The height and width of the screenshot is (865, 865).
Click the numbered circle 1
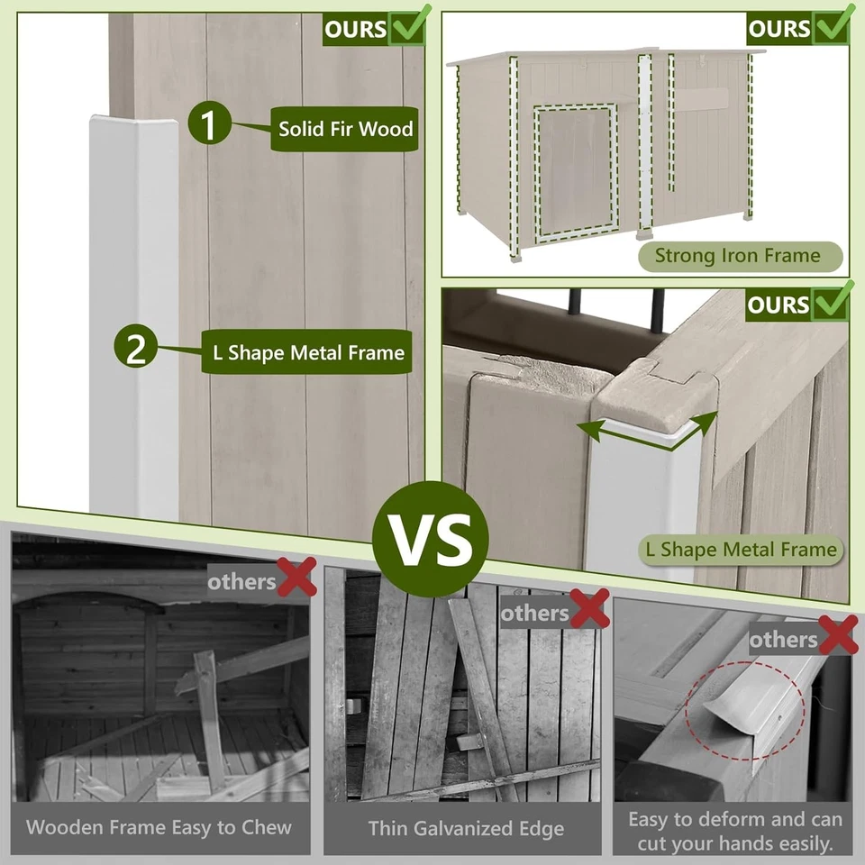(208, 125)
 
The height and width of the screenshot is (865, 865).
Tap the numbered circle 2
(135, 349)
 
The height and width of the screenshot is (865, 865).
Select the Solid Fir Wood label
(345, 129)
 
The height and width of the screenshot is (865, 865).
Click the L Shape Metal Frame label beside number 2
(308, 352)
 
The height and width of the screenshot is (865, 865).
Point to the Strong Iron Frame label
(738, 256)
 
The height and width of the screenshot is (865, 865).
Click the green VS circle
(431, 539)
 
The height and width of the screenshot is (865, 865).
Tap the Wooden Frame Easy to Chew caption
(159, 827)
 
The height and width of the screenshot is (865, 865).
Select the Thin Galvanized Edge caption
(466, 828)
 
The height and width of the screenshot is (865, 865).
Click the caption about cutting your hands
(734, 832)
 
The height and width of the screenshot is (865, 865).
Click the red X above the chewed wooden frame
(296, 578)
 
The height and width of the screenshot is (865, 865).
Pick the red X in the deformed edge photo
(838, 637)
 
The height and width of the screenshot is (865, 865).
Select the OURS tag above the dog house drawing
(779, 28)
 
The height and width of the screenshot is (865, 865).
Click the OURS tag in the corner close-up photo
(779, 305)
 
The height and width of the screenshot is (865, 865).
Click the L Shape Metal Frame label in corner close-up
(741, 549)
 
